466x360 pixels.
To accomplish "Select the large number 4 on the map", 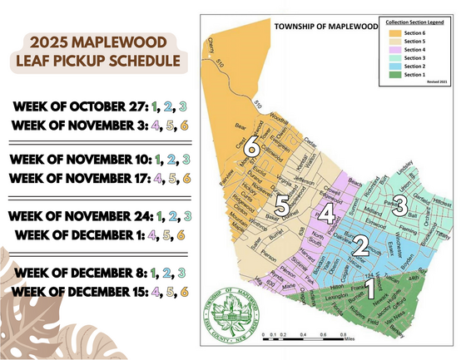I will pyautogui.click(x=328, y=215).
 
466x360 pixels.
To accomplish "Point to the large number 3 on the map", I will pyautogui.click(x=400, y=205).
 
